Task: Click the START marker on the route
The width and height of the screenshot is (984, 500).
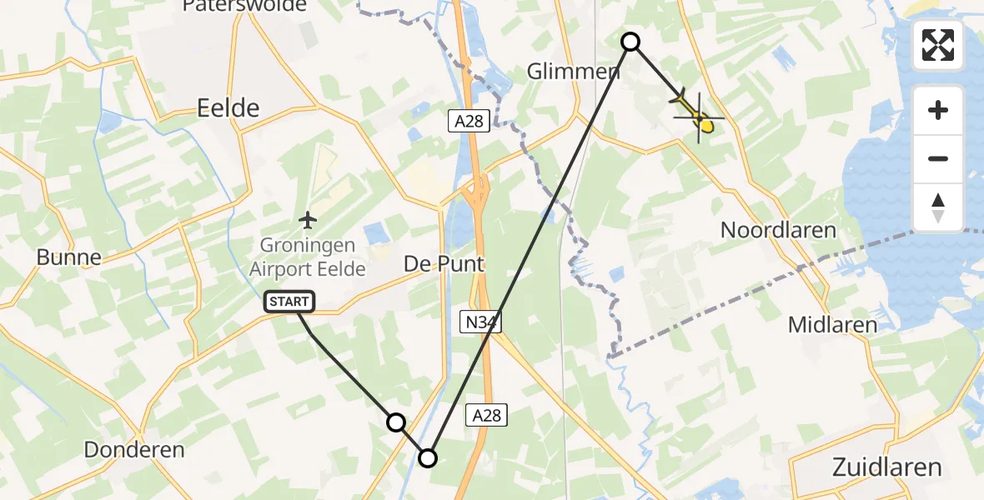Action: coord(289,302)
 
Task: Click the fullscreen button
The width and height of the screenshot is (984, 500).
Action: coord(938,45)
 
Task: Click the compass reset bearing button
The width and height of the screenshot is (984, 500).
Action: coord(938,207)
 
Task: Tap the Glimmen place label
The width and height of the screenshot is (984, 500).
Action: coord(574,72)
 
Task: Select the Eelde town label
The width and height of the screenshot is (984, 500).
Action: coord(228,107)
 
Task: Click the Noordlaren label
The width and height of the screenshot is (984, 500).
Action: coord(779,230)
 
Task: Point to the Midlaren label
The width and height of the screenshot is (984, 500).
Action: coord(833,325)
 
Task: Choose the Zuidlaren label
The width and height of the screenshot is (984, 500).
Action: coord(887,466)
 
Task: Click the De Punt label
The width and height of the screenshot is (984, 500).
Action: coord(444,263)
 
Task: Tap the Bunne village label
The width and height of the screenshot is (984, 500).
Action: coord(69,257)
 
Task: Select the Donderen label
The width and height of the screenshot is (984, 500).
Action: coord(134,450)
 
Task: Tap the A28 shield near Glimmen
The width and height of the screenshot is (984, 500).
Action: coord(469,122)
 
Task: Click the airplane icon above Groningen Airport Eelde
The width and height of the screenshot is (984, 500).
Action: coord(308,221)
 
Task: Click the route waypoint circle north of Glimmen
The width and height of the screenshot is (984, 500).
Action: coord(631,41)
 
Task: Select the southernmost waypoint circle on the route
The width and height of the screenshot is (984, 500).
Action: coord(427,457)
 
